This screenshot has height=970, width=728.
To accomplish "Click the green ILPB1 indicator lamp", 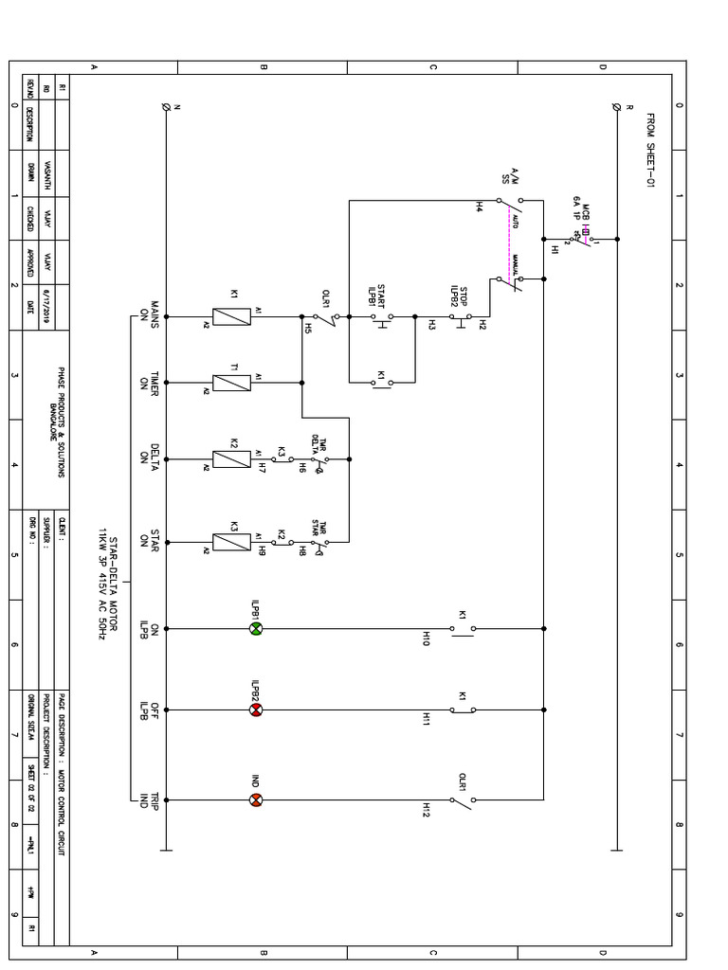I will [255, 629].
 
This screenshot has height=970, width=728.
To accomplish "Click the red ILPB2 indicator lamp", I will [255, 710].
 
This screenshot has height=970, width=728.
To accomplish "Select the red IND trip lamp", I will [255, 799].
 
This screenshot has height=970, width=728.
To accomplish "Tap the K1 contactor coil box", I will [231, 316].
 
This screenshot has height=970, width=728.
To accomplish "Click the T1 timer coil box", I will [231, 383].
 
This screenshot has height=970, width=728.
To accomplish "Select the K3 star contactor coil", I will [231, 542].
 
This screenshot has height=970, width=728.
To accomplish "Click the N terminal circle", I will [167, 107].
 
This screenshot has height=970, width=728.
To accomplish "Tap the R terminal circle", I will [618, 107].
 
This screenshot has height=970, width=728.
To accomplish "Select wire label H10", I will [427, 641].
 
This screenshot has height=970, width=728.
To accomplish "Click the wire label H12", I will [427, 810].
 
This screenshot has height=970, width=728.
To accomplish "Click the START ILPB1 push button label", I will [384, 296].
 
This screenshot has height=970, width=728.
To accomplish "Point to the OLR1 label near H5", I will [326, 296].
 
